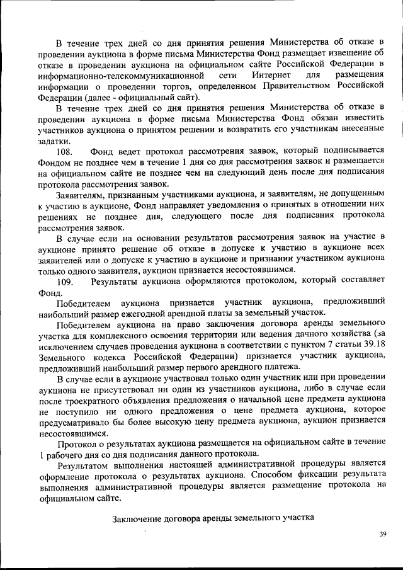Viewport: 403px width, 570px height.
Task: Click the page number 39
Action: [382, 534]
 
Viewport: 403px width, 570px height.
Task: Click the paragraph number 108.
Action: [65, 152]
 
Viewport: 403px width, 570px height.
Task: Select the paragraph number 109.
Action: [65, 281]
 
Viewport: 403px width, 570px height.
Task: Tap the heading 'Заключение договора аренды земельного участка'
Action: [213, 519]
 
